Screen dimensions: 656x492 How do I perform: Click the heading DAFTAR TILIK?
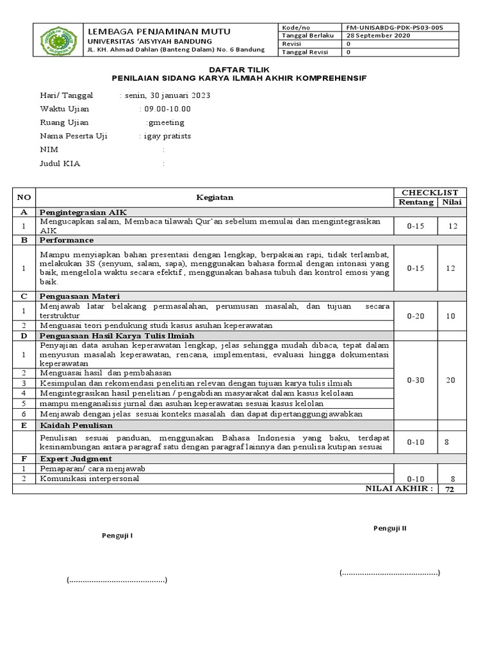(245, 69)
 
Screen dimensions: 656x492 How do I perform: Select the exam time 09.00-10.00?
(167, 109)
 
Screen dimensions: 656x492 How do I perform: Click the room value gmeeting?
(165, 122)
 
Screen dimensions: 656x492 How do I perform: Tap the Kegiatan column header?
(215, 197)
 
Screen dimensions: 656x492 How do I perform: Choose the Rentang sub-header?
(416, 202)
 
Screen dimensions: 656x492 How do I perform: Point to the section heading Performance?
(67, 240)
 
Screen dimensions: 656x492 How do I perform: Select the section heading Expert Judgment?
(76, 459)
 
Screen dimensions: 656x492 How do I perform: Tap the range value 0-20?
(416, 316)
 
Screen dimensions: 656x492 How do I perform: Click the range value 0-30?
(416, 380)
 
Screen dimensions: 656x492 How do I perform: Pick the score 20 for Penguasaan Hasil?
(451, 380)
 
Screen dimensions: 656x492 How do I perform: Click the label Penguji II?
(390, 528)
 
